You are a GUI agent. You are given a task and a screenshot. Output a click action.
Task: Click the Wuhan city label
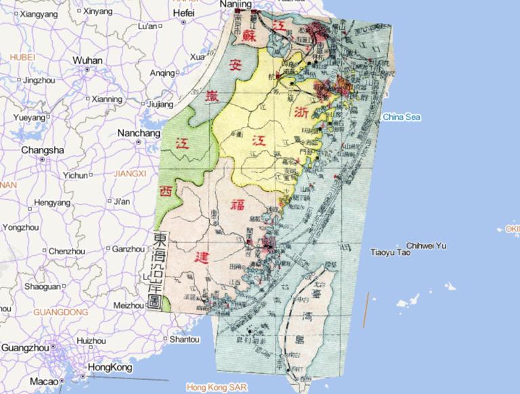[x=87, y=60]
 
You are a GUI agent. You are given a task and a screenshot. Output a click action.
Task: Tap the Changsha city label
[x=42, y=150]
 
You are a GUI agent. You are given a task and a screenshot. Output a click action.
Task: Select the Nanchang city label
[x=139, y=133]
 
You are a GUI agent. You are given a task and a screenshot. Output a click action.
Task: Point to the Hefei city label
[x=183, y=13]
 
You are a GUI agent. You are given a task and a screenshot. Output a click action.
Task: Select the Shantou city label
[x=186, y=338]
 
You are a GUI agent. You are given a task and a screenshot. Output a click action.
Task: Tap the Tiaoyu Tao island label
[x=391, y=252]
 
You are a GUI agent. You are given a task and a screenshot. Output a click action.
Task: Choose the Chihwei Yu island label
[x=427, y=245]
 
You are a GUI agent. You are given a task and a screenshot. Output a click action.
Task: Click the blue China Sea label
[x=402, y=117]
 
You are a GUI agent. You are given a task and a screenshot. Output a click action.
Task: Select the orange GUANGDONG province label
[x=60, y=312]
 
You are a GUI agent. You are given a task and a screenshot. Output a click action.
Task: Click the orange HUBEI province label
[x=22, y=57]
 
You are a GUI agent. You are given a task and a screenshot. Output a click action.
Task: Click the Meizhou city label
[x=130, y=305]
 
